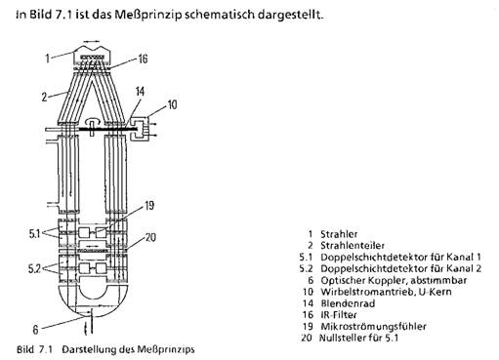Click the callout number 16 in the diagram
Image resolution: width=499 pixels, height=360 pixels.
coord(143,59)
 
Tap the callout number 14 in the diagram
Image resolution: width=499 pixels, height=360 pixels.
coord(140,92)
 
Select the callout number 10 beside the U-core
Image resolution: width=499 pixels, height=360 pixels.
coord(172,104)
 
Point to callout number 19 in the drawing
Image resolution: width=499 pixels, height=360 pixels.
coord(149,205)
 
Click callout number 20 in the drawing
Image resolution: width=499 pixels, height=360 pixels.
coord(150,237)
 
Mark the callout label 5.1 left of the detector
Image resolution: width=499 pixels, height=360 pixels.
coord(34,233)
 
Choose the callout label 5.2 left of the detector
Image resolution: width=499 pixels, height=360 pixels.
coord(34,269)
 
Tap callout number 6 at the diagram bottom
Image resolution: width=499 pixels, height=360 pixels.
coord(35,330)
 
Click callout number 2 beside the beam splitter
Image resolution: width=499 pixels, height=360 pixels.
coord(44,97)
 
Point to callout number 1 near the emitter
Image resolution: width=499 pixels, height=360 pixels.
coord(48,59)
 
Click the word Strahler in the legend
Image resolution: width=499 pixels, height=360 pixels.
coord(339,234)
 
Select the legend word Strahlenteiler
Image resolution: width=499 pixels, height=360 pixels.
coord(353,246)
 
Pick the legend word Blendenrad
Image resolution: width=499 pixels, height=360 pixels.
coord(348,303)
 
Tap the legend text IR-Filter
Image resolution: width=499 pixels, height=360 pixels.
coord(339,315)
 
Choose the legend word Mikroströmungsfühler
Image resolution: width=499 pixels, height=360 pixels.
coord(373,326)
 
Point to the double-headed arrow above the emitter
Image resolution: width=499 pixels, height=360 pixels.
coord(92,42)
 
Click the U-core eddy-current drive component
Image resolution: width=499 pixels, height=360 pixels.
coord(140,130)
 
